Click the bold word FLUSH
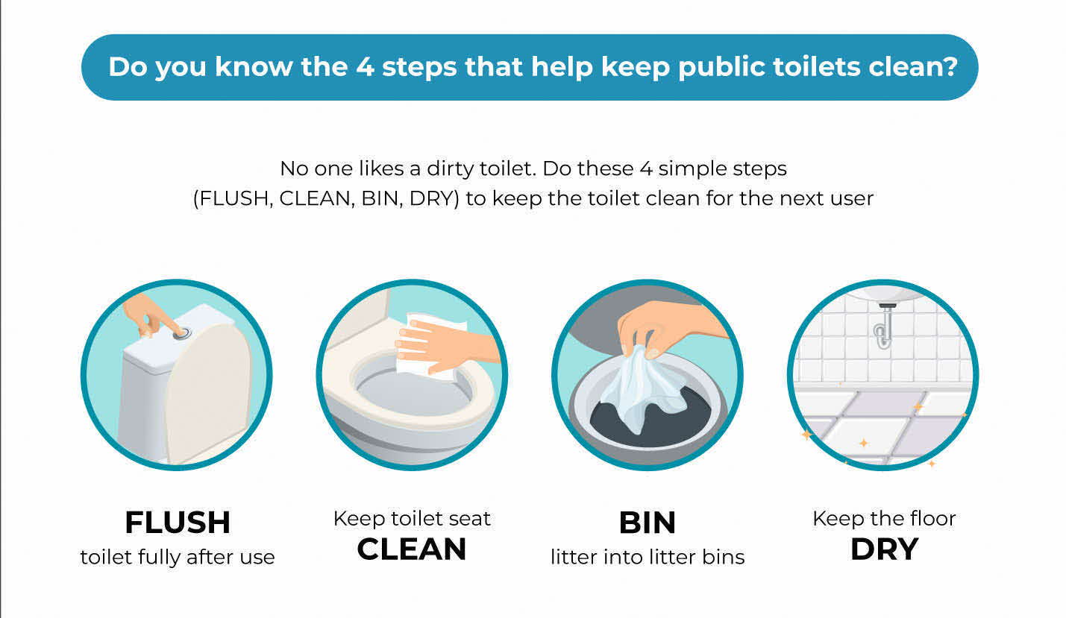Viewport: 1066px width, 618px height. tap(178, 523)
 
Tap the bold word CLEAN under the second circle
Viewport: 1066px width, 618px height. tap(412, 549)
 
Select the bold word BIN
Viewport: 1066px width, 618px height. tap(647, 523)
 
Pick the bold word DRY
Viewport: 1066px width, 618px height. tap(884, 549)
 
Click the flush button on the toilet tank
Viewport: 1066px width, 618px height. tap(181, 334)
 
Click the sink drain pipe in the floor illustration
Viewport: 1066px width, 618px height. tap(883, 328)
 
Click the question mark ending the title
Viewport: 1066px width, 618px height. tap(950, 67)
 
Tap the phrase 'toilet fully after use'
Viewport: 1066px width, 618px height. tap(178, 557)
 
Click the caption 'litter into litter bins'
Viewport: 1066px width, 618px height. tap(648, 557)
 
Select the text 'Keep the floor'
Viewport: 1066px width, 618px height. tap(884, 518)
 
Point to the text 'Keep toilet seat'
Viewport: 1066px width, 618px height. tap(412, 518)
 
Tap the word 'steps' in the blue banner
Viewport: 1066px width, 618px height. tap(417, 67)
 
